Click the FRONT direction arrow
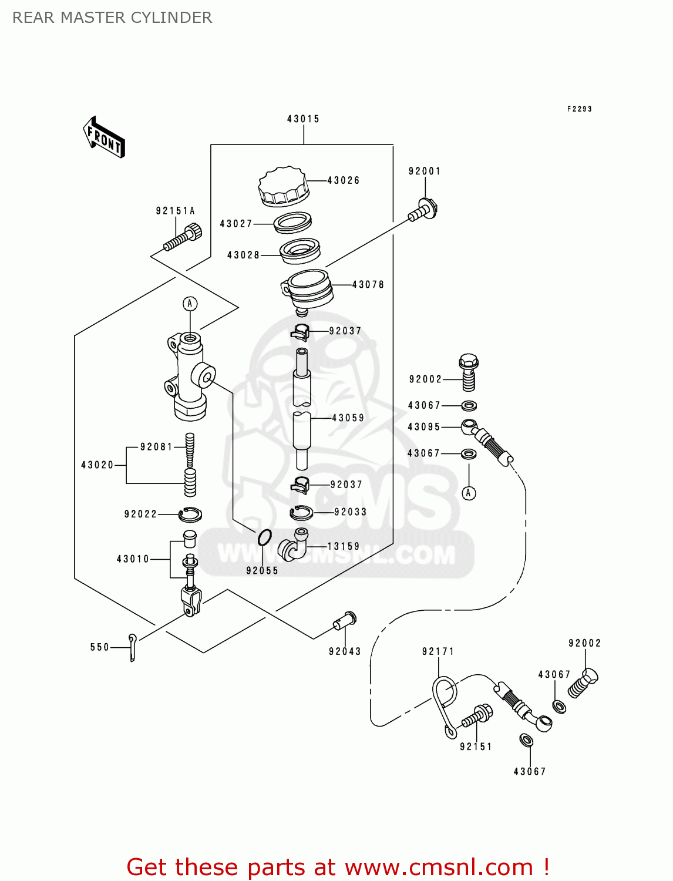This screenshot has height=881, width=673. [x=105, y=137]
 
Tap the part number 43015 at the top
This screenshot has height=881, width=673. [x=303, y=119]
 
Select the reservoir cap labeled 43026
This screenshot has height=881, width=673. [x=284, y=186]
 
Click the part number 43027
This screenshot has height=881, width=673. [x=235, y=224]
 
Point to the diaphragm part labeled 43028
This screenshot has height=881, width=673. [x=300, y=251]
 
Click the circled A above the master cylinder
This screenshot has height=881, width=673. [x=190, y=304]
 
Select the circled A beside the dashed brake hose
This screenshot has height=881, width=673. [x=469, y=493]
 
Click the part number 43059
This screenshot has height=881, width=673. [x=348, y=418]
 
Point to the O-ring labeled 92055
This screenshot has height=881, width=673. [x=265, y=536]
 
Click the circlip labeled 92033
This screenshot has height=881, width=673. [x=301, y=513]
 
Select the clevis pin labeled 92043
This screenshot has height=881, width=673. [x=345, y=621]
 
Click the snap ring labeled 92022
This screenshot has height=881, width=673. [x=190, y=515]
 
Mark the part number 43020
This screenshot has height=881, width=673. [x=97, y=465]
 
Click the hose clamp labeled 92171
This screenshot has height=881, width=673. [x=445, y=702]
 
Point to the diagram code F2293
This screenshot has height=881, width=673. [x=579, y=109]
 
